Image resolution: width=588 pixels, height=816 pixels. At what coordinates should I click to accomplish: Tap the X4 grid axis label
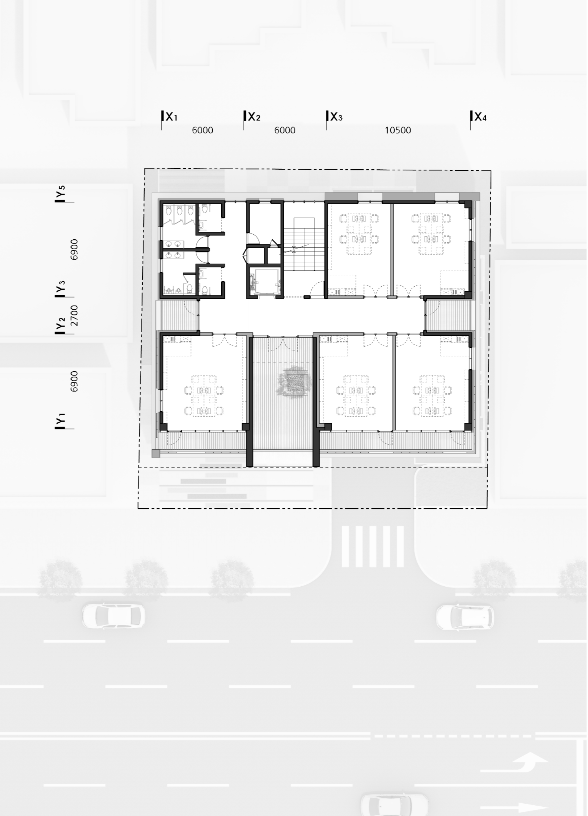pos(480,117)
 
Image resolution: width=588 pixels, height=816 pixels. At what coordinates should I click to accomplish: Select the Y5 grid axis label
pos(60,193)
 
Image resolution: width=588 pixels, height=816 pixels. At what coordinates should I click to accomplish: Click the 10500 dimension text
pos(398,130)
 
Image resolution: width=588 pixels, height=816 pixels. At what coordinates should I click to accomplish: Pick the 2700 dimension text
pos(74,315)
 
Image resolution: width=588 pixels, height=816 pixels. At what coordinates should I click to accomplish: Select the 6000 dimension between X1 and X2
pos(203,130)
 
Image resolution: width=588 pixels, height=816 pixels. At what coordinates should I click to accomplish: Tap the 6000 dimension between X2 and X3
pos(285,130)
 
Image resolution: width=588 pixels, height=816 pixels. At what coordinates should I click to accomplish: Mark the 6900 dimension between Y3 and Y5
pos(74,249)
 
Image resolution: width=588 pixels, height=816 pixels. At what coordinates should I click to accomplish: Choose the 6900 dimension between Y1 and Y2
pos(74,381)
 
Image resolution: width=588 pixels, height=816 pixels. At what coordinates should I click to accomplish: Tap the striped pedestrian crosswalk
pos(373,546)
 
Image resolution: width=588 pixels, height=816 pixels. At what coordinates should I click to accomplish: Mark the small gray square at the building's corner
pos(156,454)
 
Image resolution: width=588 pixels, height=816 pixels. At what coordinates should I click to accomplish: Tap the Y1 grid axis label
pos(60,421)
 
